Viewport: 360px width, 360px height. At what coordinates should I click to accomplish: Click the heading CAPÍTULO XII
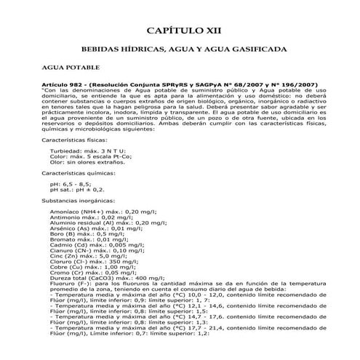tap(179, 31)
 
